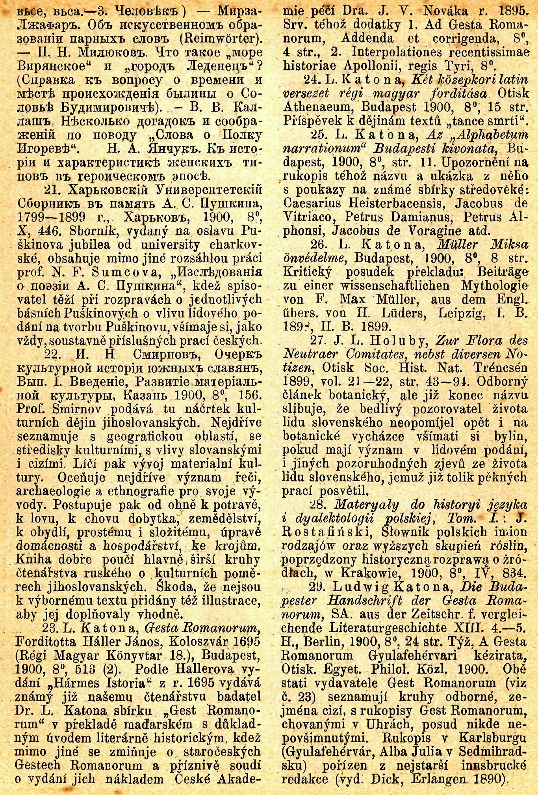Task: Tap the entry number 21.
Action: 52,191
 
